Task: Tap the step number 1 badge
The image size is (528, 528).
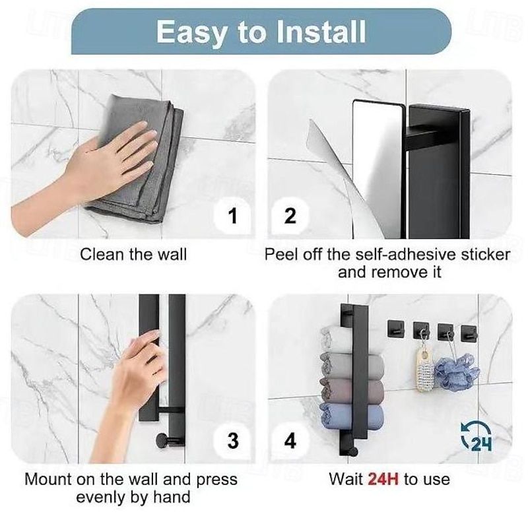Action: (x=232, y=216)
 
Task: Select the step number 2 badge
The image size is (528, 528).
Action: (x=290, y=216)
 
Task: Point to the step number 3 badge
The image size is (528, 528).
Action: (x=233, y=440)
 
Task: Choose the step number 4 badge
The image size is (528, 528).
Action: (x=290, y=440)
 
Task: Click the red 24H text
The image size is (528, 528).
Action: (x=383, y=479)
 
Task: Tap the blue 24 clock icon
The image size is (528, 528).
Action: (x=476, y=437)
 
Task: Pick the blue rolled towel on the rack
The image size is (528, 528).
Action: (x=352, y=416)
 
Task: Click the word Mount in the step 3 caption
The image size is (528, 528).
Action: (x=48, y=479)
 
